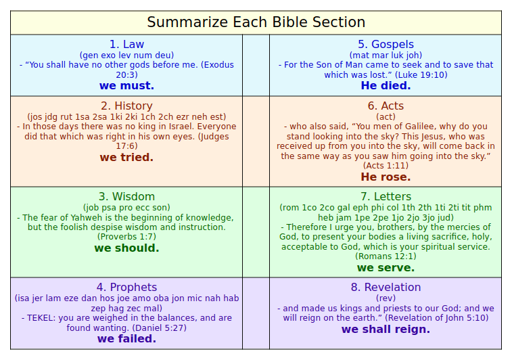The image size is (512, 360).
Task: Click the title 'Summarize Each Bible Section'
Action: coord(256,22)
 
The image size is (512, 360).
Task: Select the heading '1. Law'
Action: coord(126,45)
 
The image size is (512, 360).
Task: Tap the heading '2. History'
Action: coord(126,106)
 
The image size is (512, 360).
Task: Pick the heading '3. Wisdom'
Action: coord(126,197)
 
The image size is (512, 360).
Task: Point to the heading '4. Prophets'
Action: coord(126,288)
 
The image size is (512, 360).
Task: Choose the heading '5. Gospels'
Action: coord(386,45)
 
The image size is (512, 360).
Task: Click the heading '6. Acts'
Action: coord(386,106)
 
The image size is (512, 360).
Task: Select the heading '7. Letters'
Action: coord(386,197)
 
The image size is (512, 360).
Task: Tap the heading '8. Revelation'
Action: coord(386,288)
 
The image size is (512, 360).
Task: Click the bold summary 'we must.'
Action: coord(126,86)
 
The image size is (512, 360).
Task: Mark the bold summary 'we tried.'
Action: coord(126,158)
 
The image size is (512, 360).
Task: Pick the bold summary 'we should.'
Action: coord(126,248)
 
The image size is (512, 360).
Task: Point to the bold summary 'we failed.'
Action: coord(126,339)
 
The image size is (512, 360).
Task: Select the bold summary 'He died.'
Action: coord(386,86)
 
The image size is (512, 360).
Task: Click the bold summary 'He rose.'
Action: coord(386,177)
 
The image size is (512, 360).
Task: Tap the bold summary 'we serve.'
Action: coord(386,268)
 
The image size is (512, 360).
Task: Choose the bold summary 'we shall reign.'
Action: coord(386,330)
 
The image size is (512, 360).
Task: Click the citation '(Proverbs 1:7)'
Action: coord(126,237)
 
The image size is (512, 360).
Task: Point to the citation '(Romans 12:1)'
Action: coord(386,256)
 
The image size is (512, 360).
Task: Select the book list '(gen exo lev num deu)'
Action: coord(126,55)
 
